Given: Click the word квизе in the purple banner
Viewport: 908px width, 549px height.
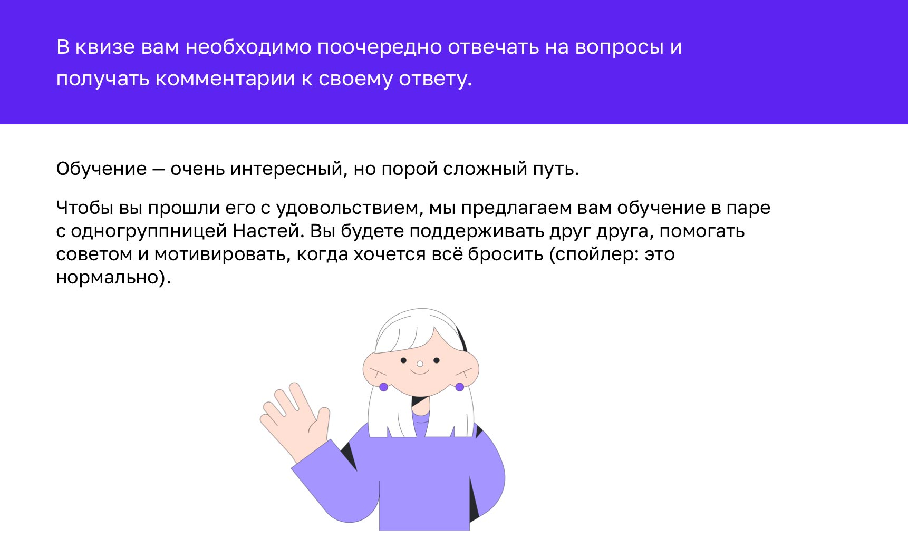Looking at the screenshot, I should (x=105, y=47).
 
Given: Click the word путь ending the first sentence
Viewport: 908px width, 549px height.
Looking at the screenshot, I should (x=561, y=169).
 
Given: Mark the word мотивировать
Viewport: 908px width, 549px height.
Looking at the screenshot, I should (x=222, y=254).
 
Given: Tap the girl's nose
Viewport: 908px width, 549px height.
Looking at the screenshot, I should (x=420, y=364).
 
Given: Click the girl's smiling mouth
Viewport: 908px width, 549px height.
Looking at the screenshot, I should (x=420, y=371).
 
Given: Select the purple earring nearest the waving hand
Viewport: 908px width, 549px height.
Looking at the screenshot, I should (x=383, y=387).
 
